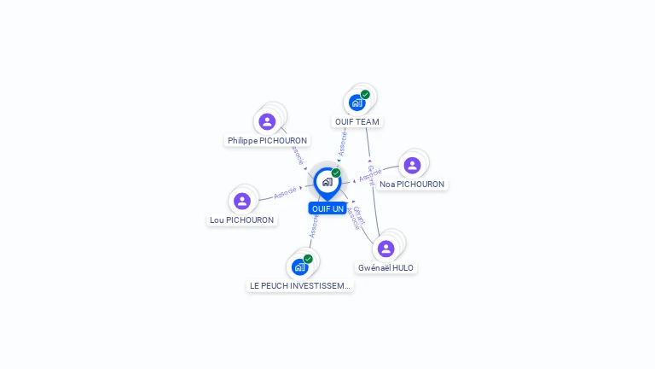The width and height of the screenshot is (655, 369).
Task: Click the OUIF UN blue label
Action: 327,208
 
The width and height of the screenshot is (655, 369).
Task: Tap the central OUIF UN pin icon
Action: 327,182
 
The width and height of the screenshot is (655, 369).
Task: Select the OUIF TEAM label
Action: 356,122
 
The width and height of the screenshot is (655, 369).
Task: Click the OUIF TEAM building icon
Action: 357,102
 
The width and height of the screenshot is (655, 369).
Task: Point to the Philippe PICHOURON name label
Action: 267,140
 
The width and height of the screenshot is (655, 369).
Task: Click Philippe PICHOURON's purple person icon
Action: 267,121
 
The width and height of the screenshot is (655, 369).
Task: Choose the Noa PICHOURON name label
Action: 412,184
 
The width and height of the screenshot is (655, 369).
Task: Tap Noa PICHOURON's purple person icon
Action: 412,165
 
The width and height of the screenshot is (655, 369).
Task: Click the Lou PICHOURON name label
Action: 242,220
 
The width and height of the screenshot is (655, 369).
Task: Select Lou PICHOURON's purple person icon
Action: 242,201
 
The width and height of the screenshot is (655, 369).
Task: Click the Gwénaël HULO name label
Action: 385,267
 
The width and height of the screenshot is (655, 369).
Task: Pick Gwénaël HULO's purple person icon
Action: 385,249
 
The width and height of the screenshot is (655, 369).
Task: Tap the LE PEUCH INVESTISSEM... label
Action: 299,285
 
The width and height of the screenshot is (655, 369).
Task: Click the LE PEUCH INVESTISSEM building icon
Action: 299,266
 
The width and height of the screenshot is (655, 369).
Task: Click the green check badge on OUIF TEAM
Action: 365,95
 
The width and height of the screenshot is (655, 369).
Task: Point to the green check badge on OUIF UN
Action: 336,173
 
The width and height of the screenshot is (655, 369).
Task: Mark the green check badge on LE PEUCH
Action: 308,259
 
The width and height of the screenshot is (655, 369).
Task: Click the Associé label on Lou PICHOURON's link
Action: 285,193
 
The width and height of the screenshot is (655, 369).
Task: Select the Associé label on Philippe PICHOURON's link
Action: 297,155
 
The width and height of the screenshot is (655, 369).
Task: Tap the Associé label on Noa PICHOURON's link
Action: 370,175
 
